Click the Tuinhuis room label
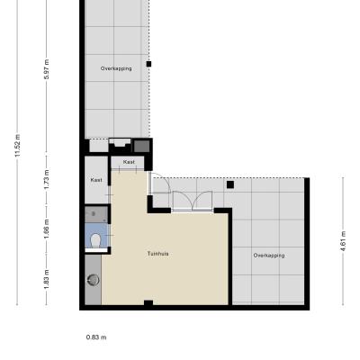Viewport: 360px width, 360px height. coord(157,254)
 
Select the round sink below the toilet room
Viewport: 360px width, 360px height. coord(94,280)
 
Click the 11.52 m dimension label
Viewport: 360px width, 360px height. coord(17,146)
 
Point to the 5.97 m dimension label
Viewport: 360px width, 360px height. coord(47,69)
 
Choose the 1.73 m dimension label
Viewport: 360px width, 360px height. coord(47,179)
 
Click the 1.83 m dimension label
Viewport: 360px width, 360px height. coord(47,280)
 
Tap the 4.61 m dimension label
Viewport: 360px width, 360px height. coord(344,241)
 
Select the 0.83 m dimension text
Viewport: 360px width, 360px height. coord(96,337)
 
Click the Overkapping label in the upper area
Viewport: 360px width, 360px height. coord(116,68)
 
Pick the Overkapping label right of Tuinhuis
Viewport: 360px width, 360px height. coord(269,256)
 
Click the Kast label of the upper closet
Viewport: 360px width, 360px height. coord(129,162)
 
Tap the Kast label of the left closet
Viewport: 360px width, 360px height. coord(96,180)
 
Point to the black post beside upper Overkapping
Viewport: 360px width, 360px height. coord(148,64)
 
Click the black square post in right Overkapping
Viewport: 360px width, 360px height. coord(230,184)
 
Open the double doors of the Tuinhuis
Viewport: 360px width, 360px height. coord(193,201)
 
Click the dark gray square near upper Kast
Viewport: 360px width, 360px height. coord(141,146)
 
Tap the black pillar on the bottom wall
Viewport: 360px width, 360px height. coord(148,303)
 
